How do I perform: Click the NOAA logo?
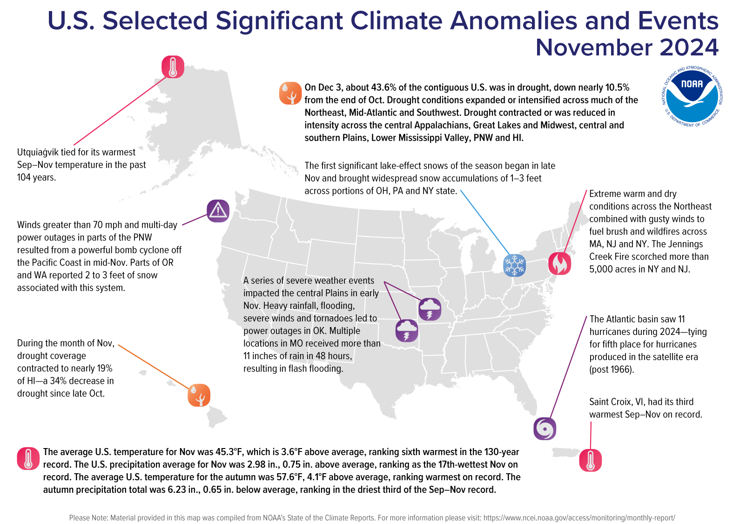tap(692, 96)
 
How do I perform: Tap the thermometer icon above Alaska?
tap(173, 67)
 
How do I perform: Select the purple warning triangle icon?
tap(218, 211)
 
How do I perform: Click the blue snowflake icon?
tap(514, 265)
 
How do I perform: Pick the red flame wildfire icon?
tap(559, 263)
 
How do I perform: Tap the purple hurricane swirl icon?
tap(545, 429)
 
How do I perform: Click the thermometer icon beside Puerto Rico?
tap(590, 460)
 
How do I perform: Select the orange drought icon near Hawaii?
tap(199, 395)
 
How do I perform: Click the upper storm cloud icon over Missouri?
tap(430, 309)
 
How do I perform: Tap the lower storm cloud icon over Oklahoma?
tap(406, 331)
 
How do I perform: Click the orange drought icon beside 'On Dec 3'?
tap(290, 93)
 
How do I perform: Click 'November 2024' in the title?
tap(626, 48)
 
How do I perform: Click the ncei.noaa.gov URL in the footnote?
tap(579, 517)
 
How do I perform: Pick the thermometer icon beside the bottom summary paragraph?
tap(28, 458)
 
